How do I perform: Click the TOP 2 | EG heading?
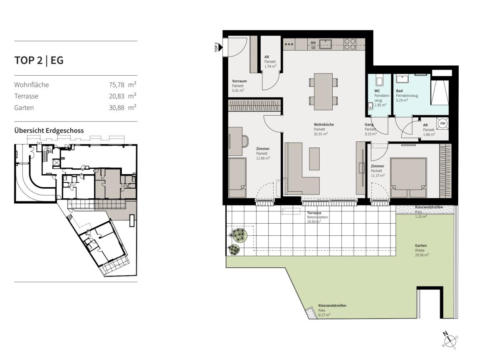39,60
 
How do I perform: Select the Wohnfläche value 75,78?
116,85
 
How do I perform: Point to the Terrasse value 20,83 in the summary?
116,96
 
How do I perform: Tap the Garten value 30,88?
116,108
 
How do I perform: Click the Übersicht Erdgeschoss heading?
49,131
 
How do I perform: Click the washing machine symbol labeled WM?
442,123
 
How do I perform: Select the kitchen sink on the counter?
326,44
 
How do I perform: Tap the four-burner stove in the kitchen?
350,44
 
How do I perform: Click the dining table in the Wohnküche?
323,91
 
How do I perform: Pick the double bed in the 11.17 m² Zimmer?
408,178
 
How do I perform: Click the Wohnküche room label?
324,124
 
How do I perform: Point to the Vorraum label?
239,81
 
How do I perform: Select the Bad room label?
399,91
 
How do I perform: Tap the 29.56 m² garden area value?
422,255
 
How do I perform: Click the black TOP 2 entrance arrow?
220,47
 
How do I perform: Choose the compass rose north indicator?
445,334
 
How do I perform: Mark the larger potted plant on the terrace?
239,235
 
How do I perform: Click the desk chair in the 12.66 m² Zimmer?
245,141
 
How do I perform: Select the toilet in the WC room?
379,81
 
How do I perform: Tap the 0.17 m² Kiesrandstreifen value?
324,315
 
